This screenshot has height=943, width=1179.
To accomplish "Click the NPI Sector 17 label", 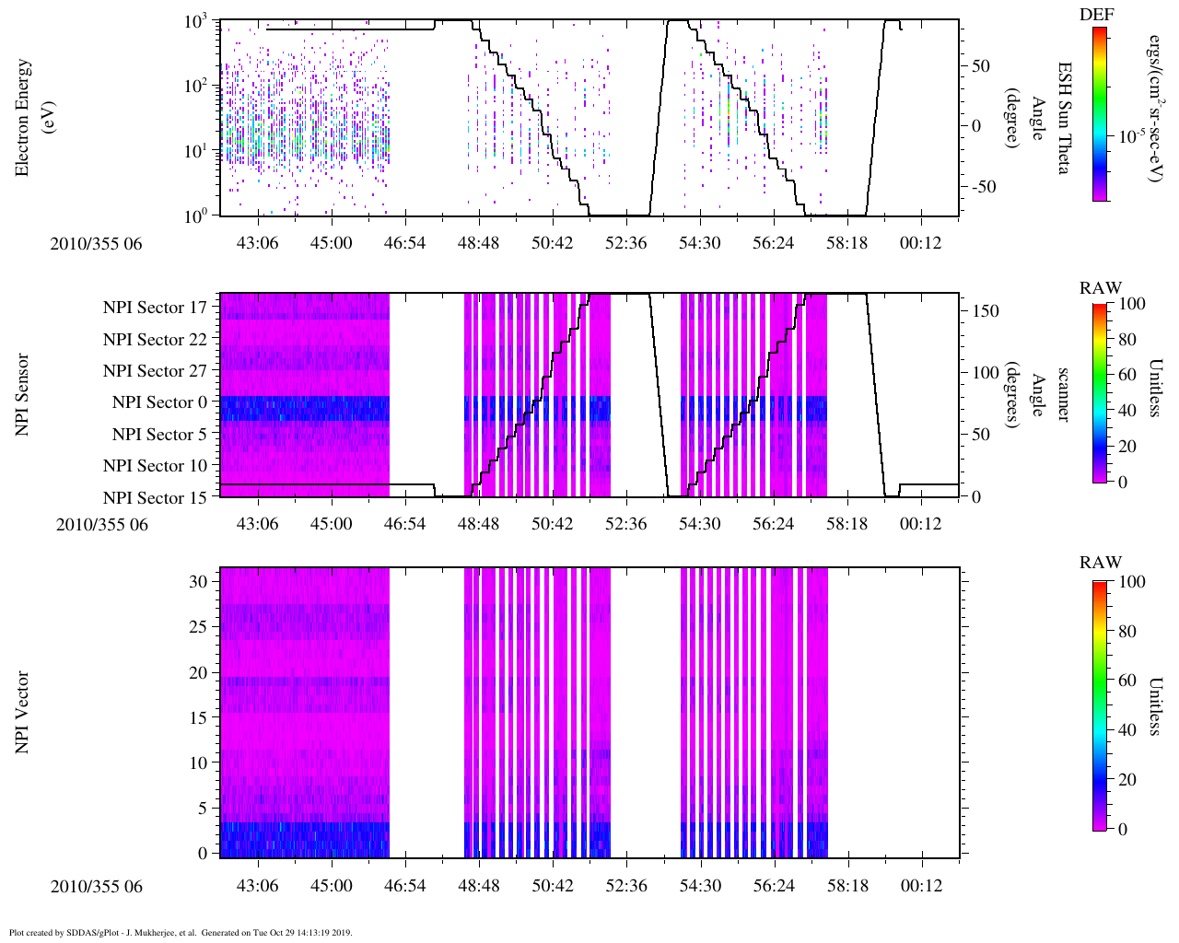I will point(156,308).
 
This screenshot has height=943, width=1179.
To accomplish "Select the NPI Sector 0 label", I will point(160,402).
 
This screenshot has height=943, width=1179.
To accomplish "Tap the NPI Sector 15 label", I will point(156,498).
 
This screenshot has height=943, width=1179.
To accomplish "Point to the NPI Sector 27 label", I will point(156,371).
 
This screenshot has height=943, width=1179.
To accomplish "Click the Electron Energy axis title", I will point(31,117).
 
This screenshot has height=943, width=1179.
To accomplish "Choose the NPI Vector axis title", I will point(22,713).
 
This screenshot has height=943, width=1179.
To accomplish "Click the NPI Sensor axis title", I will point(22,395).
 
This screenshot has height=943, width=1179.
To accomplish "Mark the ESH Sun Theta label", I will point(1063,118).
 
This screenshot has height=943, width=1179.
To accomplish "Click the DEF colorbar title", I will point(1096,14).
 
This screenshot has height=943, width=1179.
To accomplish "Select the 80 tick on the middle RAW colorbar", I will point(1126,340).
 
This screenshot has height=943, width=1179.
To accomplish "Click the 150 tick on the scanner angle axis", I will point(986,311).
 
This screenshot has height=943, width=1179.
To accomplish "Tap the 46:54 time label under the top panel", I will point(404,243).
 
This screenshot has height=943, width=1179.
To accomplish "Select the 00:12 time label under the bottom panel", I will point(921,886).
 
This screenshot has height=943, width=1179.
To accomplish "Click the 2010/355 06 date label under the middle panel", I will point(101,525).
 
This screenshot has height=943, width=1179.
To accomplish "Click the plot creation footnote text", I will point(181,932).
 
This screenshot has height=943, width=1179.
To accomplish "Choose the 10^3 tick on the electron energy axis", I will point(194,22).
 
